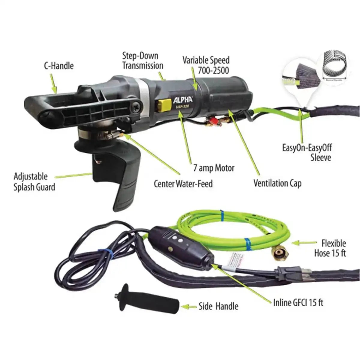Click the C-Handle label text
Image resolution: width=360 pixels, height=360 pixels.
pos(59,66)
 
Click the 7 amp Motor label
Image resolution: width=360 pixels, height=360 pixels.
pos(214,168)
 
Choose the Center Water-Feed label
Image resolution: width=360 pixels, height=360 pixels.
pos(183,183)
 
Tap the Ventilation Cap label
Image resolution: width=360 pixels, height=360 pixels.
pos(277,183)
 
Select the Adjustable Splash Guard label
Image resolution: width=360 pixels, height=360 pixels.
pos(34,182)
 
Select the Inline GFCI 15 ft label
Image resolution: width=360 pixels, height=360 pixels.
pos(298,302)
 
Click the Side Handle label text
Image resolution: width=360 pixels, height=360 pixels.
pos(218,306)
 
